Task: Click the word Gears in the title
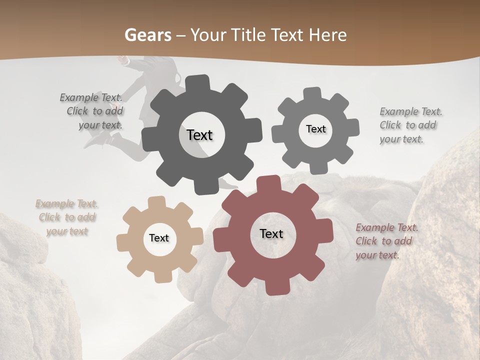147,35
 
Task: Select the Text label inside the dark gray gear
199,135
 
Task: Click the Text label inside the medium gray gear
315,129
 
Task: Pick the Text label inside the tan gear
159,238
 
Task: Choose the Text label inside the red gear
271,233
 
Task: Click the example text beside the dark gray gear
92,111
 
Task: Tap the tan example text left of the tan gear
67,217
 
